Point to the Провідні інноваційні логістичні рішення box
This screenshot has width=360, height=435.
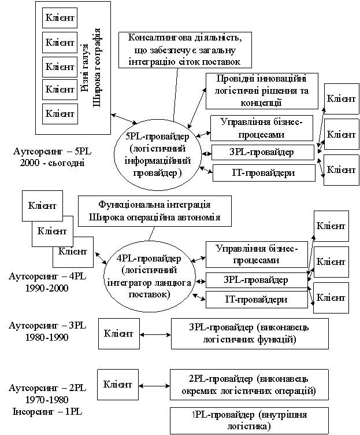click(261, 90)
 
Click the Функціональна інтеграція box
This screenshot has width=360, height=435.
click(154, 212)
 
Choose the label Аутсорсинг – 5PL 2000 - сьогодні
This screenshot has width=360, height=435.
click(48, 157)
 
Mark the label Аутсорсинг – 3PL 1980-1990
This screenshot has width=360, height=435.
click(47, 330)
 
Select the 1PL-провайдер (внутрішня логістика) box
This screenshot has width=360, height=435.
click(248, 420)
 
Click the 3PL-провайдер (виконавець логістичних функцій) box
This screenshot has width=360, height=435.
click(250, 334)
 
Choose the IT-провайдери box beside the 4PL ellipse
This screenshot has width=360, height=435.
click(256, 300)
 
